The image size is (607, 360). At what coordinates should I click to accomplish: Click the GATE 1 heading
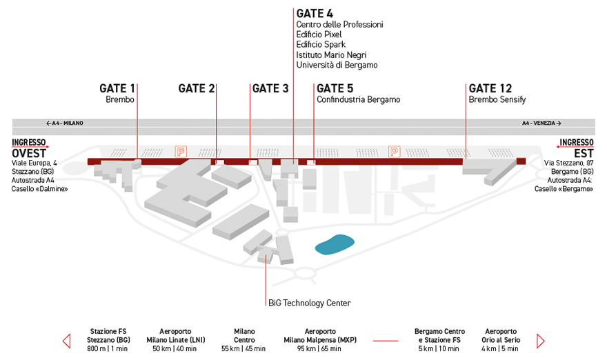pos(117,89)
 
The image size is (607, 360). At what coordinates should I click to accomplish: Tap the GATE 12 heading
pos(490,89)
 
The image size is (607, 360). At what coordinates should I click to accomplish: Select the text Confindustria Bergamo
pos(359,99)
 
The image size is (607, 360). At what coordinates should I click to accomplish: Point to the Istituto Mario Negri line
pos(331,55)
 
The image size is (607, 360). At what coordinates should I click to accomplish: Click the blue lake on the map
pos(335,245)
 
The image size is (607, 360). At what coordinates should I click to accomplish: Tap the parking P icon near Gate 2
pos(181,151)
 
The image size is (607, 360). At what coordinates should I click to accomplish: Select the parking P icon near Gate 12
pos(394,151)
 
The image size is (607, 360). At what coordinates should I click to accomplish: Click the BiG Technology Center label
pos(310,303)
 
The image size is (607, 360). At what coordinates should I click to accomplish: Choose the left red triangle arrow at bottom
pos(67,341)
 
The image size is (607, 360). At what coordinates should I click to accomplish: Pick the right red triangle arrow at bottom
pos(540,341)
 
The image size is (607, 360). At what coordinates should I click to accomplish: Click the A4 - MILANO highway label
pos(65,123)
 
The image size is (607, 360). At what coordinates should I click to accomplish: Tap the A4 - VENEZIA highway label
pos(541,123)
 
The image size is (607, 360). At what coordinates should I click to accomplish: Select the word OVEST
pos(29,153)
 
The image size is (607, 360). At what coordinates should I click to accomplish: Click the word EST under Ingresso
pos(584,153)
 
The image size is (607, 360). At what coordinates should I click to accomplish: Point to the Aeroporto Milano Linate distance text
pos(175,349)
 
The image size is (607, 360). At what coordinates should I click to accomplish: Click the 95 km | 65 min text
pos(320,349)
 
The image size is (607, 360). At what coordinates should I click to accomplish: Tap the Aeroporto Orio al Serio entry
pos(501,340)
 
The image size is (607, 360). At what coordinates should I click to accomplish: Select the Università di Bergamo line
pos(337,65)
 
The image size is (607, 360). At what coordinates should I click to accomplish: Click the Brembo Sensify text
pos(497,99)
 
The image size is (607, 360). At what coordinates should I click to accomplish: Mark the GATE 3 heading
pos(270,89)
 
